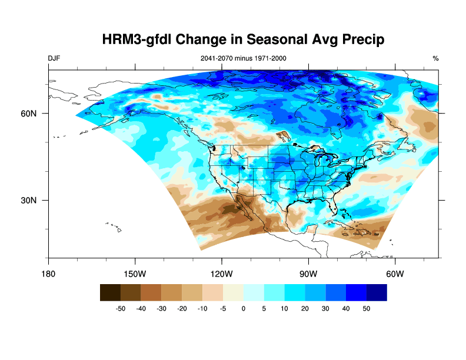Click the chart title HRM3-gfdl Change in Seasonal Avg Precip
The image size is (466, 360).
pyautogui.click(x=243, y=40)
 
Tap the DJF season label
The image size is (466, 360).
pyautogui.click(x=54, y=58)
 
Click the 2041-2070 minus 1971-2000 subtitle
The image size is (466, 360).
pyautogui.click(x=244, y=58)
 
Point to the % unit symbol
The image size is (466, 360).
pyautogui.click(x=435, y=58)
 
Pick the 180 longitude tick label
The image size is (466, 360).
pyautogui.click(x=48, y=274)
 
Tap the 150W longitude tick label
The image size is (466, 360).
pyautogui.click(x=135, y=274)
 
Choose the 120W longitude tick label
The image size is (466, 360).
pyautogui.click(x=221, y=274)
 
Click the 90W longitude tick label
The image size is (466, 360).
pyautogui.click(x=308, y=274)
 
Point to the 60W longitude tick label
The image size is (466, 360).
pyautogui.click(x=394, y=274)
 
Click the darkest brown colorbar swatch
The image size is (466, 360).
pyautogui.click(x=110, y=292)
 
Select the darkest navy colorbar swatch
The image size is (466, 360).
pyautogui.click(x=377, y=292)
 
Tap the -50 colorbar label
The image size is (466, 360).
pyautogui.click(x=121, y=308)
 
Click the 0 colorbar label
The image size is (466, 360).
pyautogui.click(x=244, y=308)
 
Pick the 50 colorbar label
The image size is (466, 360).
pyautogui.click(x=366, y=308)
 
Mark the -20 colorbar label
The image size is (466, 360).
pyautogui.click(x=182, y=308)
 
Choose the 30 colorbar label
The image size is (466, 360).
pyautogui.click(x=325, y=308)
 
